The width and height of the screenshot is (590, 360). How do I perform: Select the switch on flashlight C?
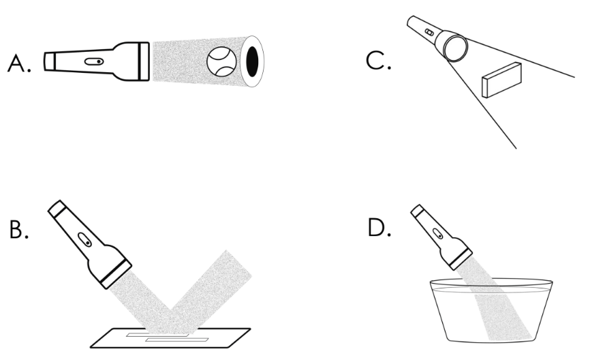pos(429,32)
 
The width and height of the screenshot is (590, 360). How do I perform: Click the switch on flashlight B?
pos(84,241)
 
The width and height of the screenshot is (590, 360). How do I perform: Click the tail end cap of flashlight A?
pos(49,61)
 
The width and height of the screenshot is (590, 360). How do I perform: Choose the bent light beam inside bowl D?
pos(508,314)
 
